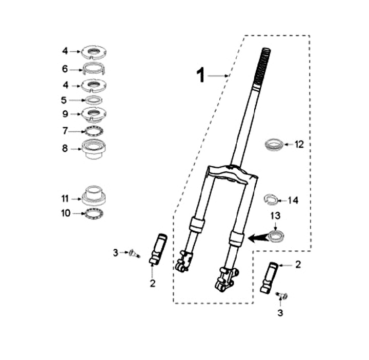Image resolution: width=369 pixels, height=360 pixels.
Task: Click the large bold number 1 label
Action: coord(201,75)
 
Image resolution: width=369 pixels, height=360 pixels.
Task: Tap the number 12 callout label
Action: coord(299,144)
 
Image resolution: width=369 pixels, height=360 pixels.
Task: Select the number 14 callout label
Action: coord(293,201)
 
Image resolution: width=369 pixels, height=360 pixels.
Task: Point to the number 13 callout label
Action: coord(276,215)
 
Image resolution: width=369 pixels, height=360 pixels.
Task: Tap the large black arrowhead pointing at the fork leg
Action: coord(258,238)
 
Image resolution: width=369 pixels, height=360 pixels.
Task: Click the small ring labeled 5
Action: coord(93,98)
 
